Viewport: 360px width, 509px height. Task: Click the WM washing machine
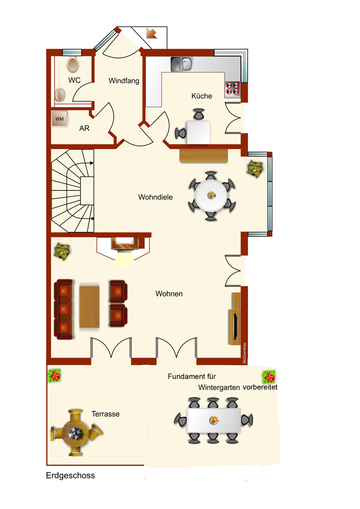point(59,119)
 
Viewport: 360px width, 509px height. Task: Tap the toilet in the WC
point(73,64)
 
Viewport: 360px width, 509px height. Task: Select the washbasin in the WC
point(60,95)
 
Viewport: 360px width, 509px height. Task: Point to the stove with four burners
point(232,89)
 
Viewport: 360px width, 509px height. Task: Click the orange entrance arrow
point(152,33)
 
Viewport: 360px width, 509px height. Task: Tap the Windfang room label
point(124,81)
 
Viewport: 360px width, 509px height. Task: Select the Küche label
point(202,96)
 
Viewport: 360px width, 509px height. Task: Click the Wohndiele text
point(155,197)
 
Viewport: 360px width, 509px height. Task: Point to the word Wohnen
point(169,294)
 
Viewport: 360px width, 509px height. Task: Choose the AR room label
point(84,129)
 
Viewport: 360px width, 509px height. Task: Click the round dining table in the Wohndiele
point(211,196)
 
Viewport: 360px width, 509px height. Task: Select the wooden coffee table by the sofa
point(90,307)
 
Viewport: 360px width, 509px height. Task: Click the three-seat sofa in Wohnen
point(63,309)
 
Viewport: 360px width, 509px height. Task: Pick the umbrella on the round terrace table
point(75,433)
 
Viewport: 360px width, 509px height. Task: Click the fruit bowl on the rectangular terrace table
point(214,420)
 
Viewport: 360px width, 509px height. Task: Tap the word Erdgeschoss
point(70,475)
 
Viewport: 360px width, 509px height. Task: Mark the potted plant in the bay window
point(255,169)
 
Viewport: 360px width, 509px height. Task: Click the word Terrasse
point(106,414)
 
